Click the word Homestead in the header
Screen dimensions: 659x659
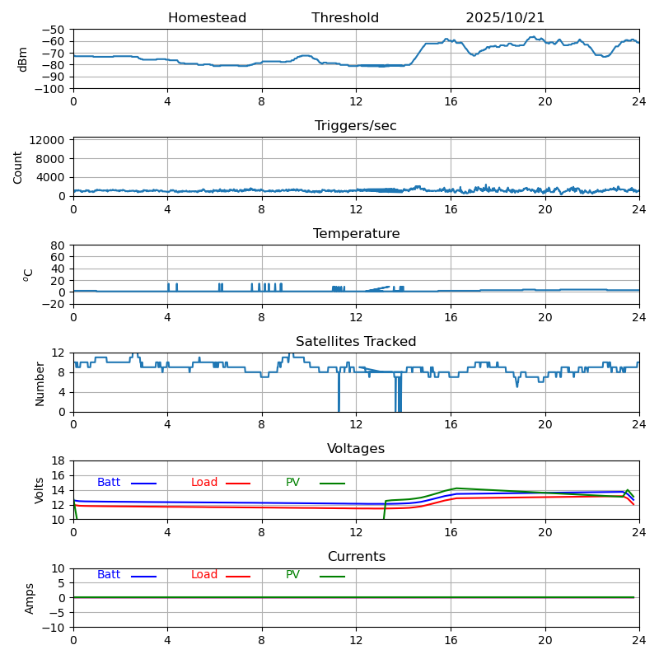click(207, 18)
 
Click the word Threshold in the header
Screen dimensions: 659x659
click(345, 18)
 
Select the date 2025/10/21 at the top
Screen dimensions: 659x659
click(505, 18)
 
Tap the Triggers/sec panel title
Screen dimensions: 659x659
click(356, 126)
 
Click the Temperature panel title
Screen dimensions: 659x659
click(356, 234)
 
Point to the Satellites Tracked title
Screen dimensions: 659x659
click(356, 342)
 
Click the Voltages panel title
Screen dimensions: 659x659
click(356, 449)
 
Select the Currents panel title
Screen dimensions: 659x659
click(356, 557)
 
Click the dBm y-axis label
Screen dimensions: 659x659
click(23, 59)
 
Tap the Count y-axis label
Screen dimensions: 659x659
click(19, 167)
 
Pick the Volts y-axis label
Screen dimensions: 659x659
click(40, 490)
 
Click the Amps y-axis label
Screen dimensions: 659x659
click(30, 598)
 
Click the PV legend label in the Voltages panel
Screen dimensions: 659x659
click(293, 483)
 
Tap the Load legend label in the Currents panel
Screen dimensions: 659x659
click(204, 575)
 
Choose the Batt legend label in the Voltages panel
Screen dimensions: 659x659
click(109, 483)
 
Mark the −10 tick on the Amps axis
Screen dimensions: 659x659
click(54, 628)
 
